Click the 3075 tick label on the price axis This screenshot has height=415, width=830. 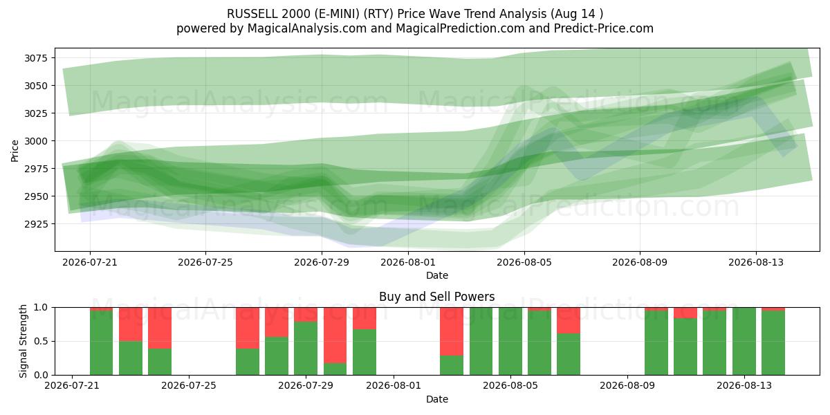36,58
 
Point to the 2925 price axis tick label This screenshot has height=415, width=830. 36,224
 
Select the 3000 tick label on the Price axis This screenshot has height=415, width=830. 36,141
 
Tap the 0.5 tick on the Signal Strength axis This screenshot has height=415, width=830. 41,341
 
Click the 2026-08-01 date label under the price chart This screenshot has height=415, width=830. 408,262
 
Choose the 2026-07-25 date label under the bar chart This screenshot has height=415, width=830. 189,385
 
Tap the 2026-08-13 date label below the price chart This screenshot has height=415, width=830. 756,262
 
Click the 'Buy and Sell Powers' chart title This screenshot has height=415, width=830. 437,297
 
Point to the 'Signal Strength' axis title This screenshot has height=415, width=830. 23,341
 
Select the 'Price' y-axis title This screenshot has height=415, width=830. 15,151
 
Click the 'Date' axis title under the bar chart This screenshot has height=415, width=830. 437,399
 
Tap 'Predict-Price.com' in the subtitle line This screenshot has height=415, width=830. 604,28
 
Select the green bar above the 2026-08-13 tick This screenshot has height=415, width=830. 744,341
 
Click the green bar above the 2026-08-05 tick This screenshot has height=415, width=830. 510,341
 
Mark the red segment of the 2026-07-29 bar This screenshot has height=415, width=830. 306,314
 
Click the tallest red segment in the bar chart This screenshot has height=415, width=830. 335,335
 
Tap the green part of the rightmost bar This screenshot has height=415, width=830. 773,343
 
